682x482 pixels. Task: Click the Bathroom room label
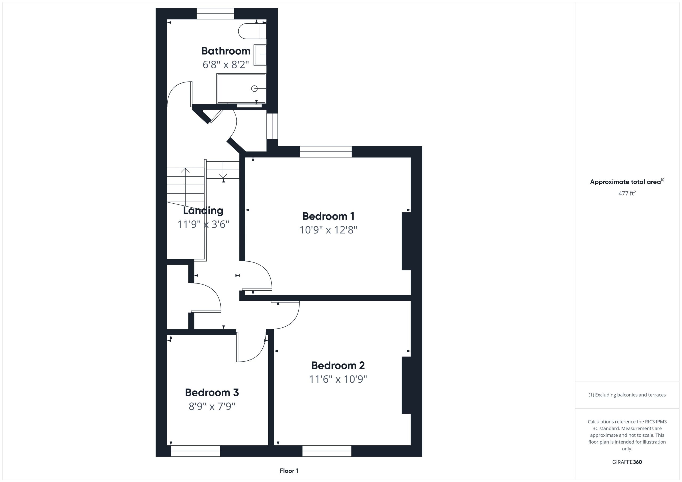click(226, 51)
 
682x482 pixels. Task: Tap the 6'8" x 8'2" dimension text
click(226, 64)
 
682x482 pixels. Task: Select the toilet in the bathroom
click(252, 31)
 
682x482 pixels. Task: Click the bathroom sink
click(260, 55)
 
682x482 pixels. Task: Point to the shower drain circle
click(254, 88)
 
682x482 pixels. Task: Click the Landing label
click(203, 211)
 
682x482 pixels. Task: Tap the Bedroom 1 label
click(328, 216)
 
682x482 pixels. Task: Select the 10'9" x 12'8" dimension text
click(328, 230)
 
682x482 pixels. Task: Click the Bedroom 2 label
click(338, 365)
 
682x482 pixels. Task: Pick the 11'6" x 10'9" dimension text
click(338, 379)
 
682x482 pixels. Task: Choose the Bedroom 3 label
click(212, 392)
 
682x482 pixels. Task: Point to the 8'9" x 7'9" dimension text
click(212, 406)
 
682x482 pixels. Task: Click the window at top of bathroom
click(215, 14)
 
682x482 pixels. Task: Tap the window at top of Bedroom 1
click(326, 152)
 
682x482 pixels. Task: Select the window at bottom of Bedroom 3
click(196, 451)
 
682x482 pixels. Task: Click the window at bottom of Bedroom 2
click(327, 451)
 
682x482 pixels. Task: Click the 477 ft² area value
click(627, 193)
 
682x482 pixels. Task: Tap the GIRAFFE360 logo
click(627, 462)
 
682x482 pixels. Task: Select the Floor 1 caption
click(289, 471)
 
